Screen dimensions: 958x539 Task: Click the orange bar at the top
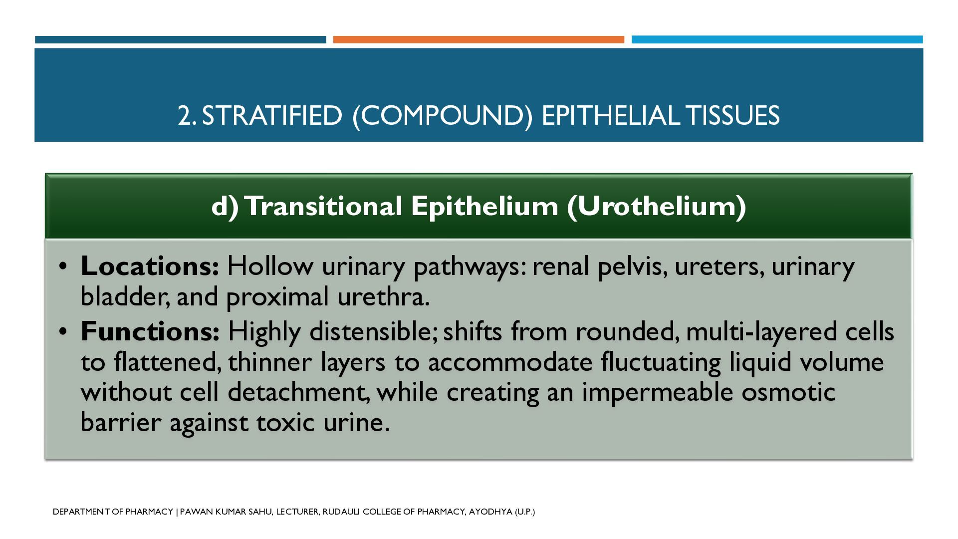(x=479, y=39)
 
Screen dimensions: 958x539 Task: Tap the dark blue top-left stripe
(x=180, y=39)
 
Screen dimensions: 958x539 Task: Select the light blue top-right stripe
(x=777, y=39)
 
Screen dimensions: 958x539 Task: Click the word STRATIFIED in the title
(x=272, y=115)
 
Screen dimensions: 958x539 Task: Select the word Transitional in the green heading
(x=324, y=206)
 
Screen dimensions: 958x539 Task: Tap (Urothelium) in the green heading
(x=656, y=207)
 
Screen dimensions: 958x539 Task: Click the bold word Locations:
(x=150, y=266)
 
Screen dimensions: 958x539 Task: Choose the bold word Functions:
(x=150, y=332)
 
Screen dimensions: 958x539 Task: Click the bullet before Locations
(x=62, y=267)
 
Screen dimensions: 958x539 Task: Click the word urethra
(x=383, y=297)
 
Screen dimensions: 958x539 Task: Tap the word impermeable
(x=658, y=393)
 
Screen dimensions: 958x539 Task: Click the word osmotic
(x=788, y=392)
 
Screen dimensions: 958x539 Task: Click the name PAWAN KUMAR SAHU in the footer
(x=226, y=512)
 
